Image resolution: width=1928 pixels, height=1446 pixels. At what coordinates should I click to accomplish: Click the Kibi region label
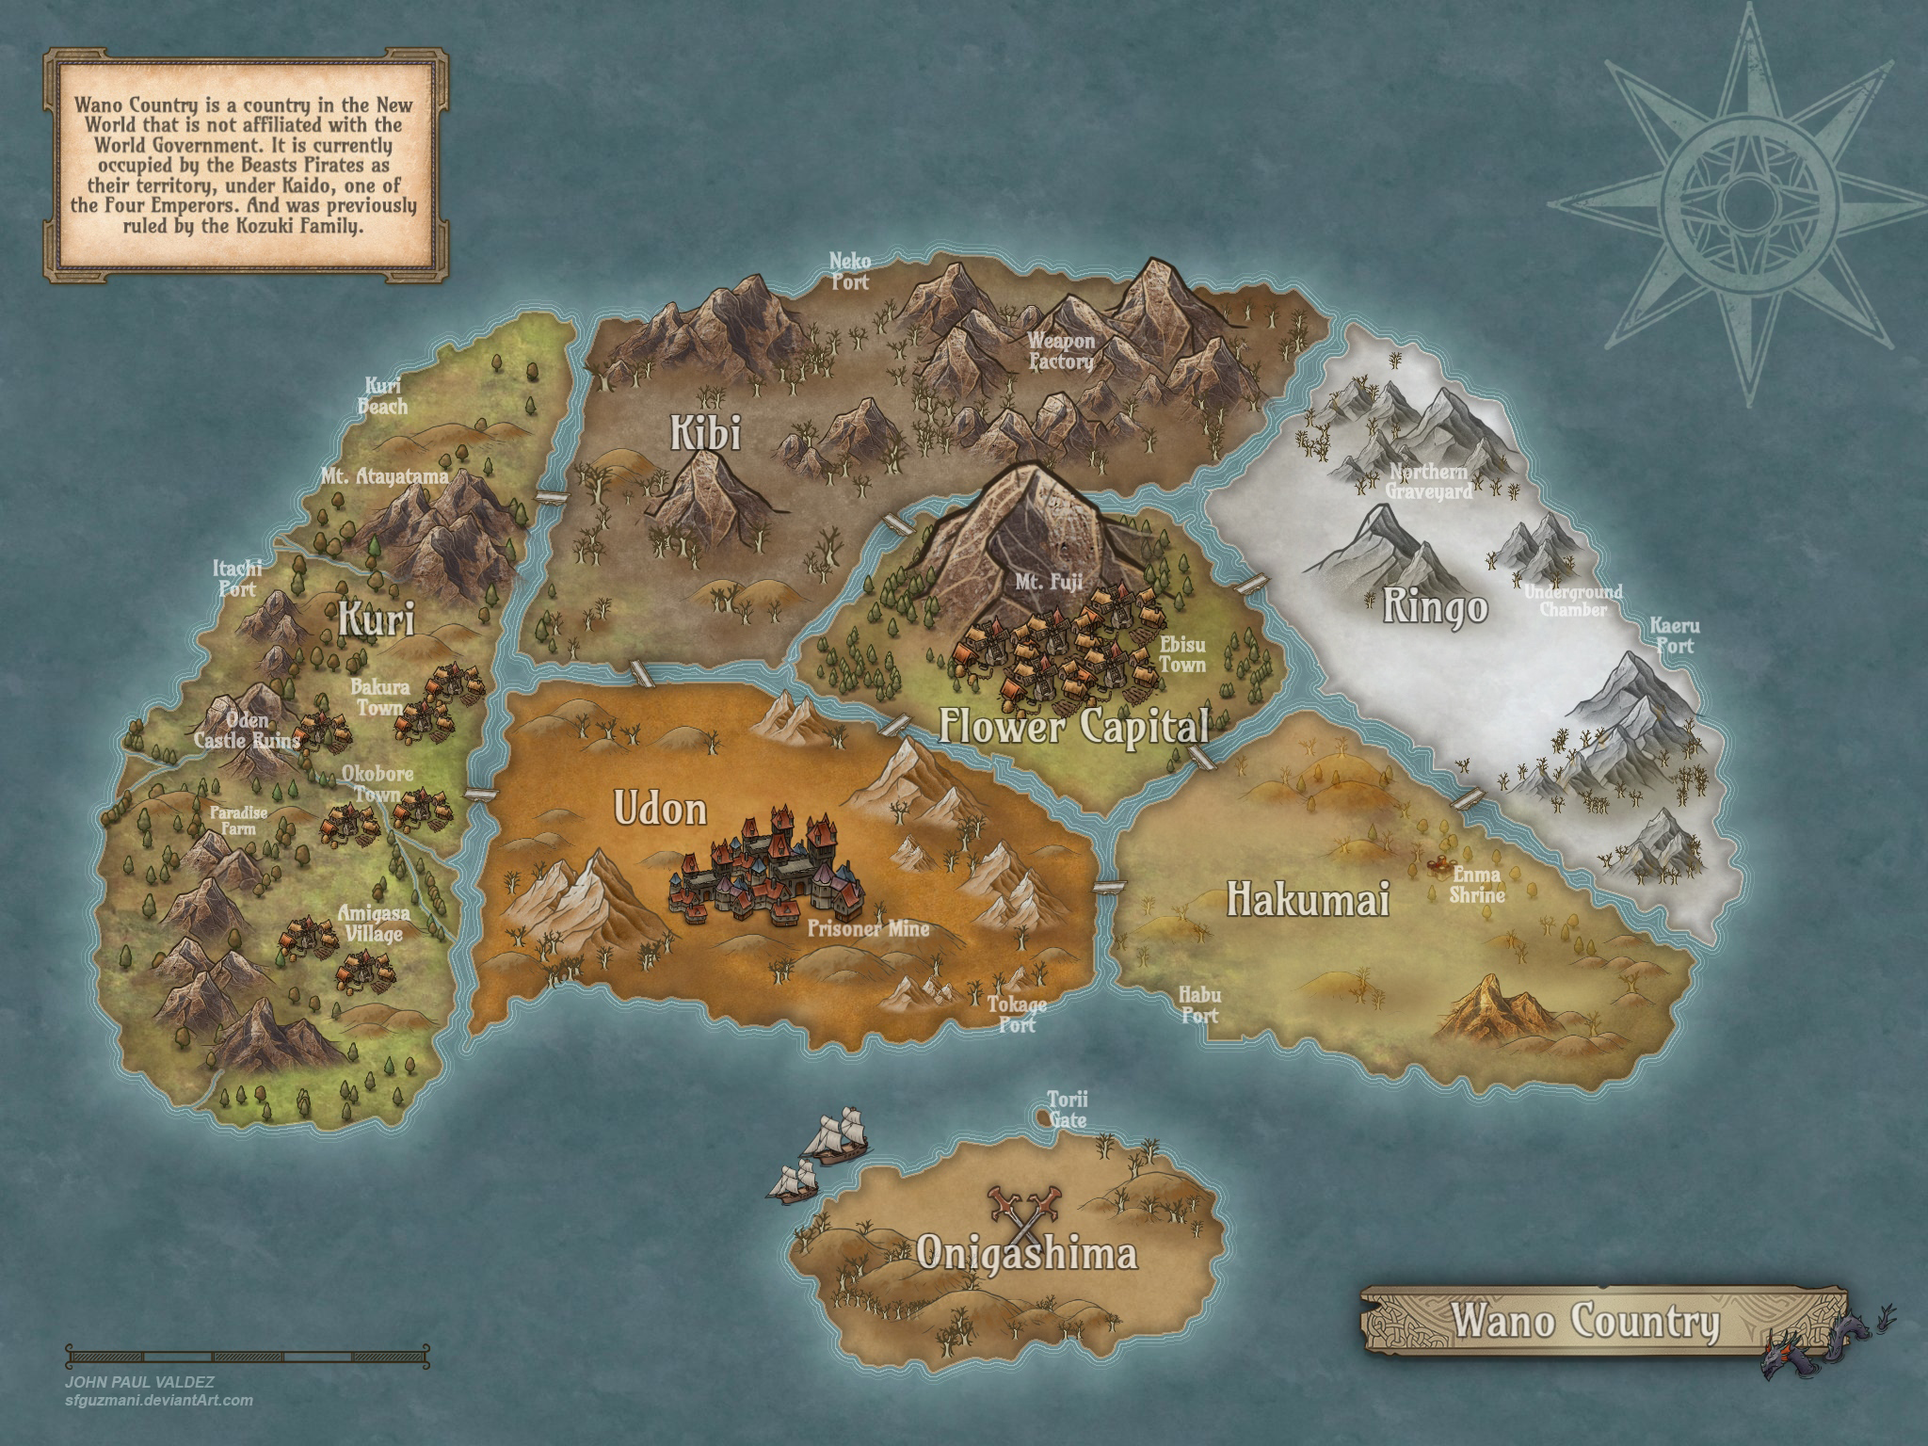(x=705, y=434)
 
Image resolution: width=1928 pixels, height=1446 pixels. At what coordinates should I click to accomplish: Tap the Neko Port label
(x=849, y=270)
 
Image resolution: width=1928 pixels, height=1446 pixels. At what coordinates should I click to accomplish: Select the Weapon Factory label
(x=1061, y=351)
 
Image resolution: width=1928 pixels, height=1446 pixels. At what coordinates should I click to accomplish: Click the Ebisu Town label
(x=1182, y=654)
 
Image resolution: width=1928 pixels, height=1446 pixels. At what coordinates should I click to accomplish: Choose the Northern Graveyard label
(x=1428, y=481)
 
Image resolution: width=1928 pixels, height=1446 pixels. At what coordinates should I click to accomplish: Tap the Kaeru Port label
(x=1674, y=636)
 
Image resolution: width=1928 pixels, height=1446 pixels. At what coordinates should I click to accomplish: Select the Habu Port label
(x=1199, y=1004)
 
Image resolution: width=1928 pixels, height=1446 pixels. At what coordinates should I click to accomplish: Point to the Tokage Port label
(x=1017, y=1014)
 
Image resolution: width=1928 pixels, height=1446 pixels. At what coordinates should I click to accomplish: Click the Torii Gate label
(x=1068, y=1109)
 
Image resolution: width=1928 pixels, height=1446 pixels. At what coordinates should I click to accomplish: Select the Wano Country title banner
(x=1584, y=1320)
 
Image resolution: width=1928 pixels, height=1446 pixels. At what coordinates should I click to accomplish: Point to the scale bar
(x=248, y=1356)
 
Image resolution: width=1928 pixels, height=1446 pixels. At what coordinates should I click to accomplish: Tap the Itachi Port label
(x=237, y=579)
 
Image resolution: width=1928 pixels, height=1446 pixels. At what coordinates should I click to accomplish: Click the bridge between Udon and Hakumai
(x=1111, y=885)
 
